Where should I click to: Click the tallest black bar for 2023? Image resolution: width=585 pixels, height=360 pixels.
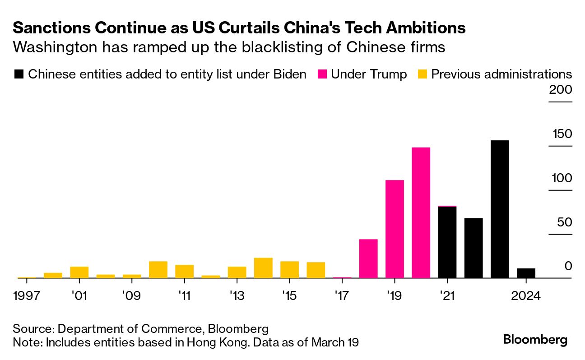click(x=500, y=209)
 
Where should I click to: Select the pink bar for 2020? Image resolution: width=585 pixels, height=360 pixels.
click(x=421, y=213)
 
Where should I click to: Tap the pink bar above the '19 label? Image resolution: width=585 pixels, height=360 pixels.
click(x=395, y=229)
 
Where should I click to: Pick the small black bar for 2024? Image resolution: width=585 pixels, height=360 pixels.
click(x=526, y=273)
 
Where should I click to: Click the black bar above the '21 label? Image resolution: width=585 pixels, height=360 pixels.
click(x=447, y=242)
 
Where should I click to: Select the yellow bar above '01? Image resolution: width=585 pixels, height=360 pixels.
click(x=79, y=272)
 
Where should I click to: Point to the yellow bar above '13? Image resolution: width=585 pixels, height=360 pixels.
click(x=237, y=272)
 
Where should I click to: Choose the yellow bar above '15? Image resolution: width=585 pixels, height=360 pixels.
click(x=289, y=270)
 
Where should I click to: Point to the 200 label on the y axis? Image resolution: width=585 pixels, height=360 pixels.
click(x=560, y=90)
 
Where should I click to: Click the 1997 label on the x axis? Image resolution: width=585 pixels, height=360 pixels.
click(x=27, y=296)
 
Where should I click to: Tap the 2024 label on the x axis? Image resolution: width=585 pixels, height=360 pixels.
click(x=526, y=296)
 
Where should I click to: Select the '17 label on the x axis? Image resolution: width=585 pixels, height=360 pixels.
click(x=342, y=296)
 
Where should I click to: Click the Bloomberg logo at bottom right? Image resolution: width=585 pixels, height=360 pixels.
click(x=535, y=339)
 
